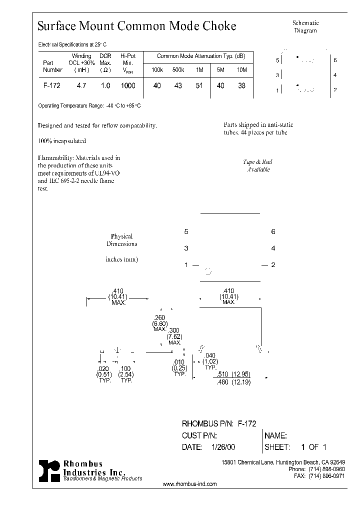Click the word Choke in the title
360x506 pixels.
219,26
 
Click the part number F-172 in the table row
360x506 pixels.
52,85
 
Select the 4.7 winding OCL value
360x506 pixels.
81,85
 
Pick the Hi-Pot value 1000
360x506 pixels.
128,85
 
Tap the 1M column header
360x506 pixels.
199,70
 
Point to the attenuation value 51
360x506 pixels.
199,85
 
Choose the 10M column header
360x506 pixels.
242,70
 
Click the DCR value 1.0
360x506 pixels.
105,85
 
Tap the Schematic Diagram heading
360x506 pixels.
305,26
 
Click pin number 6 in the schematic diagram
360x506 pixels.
335,60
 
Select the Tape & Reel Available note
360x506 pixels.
258,165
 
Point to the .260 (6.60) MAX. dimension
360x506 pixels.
160,323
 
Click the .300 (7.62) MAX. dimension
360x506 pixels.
174,336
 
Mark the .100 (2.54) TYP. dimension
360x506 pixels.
126,374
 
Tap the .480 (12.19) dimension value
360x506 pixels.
234,382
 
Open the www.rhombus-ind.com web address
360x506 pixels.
190,484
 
